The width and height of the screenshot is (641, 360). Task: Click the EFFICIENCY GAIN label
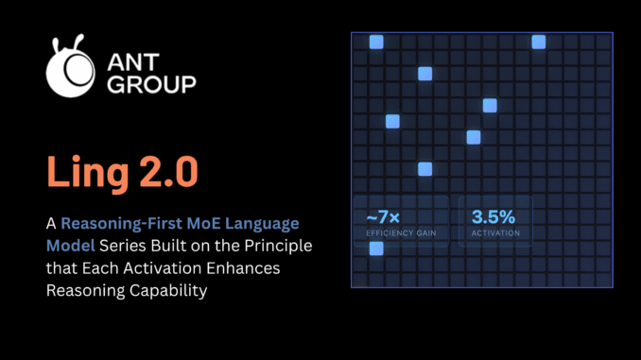[x=401, y=232]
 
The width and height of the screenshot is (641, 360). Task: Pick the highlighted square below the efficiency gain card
[x=376, y=249]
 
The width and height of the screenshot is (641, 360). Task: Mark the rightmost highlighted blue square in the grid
[x=539, y=42]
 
